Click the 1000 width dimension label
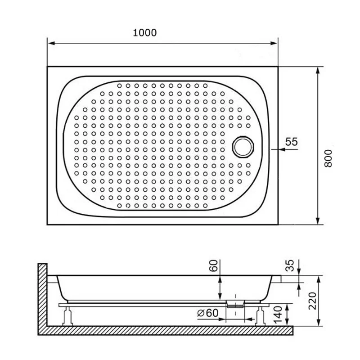coord(145,33)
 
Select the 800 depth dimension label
coord(329,158)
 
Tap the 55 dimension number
coord(292,141)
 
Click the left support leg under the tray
coord(68,315)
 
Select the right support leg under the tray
coord(260,315)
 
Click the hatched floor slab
coord(166,330)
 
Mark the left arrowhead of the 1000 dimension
coord(50,44)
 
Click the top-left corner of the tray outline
coord(48,67)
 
